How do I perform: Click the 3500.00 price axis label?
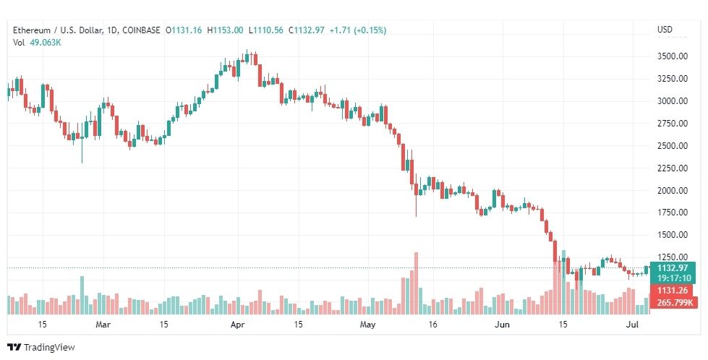(x=672, y=56)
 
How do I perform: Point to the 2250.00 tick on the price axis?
(x=672, y=168)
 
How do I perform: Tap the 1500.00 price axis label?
(x=672, y=236)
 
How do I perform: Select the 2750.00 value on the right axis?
(x=672, y=124)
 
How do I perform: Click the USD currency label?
(x=665, y=30)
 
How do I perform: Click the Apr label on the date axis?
(x=239, y=325)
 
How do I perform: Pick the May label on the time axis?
(x=369, y=325)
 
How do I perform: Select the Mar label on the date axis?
(x=103, y=325)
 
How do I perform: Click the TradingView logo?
(x=41, y=348)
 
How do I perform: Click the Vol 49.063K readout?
(x=37, y=42)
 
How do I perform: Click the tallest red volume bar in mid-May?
(x=416, y=283)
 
